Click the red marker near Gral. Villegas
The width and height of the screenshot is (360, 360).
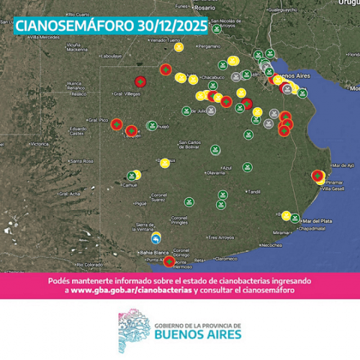(140, 81)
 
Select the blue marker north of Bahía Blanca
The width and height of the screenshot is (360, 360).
(156, 239)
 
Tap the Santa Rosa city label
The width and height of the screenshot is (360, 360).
(81, 161)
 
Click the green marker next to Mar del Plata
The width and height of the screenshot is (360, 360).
(294, 217)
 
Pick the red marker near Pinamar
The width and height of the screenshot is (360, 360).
(318, 175)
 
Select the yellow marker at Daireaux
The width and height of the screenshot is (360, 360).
(165, 163)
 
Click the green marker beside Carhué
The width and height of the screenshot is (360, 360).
(131, 174)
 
